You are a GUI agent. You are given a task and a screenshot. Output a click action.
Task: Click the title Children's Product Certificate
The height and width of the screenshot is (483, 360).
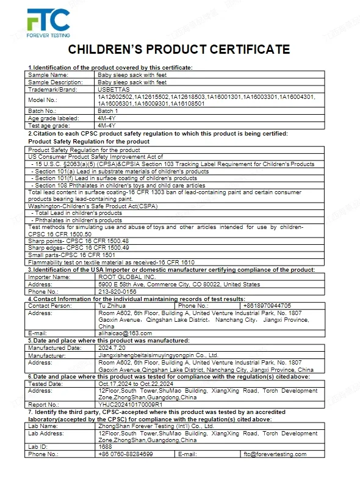[x=179, y=49]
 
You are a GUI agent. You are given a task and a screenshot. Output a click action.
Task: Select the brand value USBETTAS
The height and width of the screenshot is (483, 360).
[x=113, y=89]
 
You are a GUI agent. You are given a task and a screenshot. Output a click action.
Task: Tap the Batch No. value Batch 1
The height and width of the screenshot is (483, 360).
[x=108, y=111]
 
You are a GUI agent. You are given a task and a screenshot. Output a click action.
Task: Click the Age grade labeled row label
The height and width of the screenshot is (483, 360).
[x=54, y=118]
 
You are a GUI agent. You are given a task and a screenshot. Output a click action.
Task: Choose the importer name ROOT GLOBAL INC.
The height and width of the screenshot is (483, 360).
[x=123, y=277]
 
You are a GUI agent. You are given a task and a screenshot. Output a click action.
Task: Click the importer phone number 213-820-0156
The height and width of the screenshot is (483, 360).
[x=117, y=291]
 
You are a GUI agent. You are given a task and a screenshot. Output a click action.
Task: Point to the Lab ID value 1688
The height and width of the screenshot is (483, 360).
[x=105, y=446]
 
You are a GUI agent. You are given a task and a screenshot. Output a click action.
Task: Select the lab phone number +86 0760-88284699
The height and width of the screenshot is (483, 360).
[x=126, y=454]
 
